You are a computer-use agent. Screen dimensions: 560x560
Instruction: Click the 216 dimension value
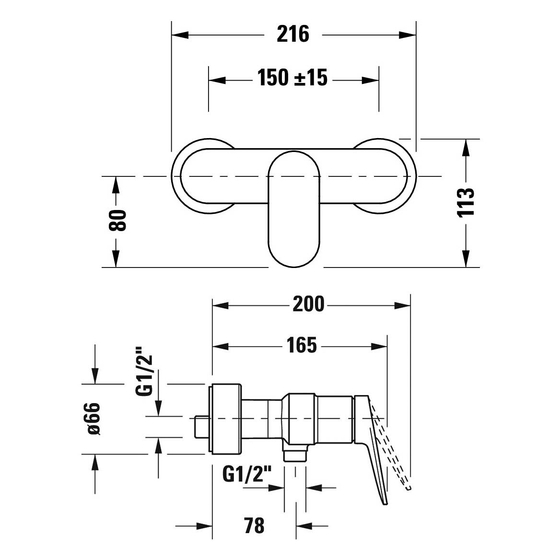tap(293, 35)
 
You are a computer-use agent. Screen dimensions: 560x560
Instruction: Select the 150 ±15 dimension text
tap(292, 78)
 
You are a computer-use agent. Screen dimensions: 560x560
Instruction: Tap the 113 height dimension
tap(466, 202)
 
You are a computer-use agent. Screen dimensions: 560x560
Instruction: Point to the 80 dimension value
tap(117, 220)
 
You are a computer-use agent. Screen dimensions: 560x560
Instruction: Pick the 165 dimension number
tap(302, 345)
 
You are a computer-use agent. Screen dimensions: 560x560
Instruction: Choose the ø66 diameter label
tap(93, 419)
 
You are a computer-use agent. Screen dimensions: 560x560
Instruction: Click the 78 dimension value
tap(254, 525)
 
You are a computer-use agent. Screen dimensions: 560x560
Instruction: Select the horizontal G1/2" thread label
tap(247, 474)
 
